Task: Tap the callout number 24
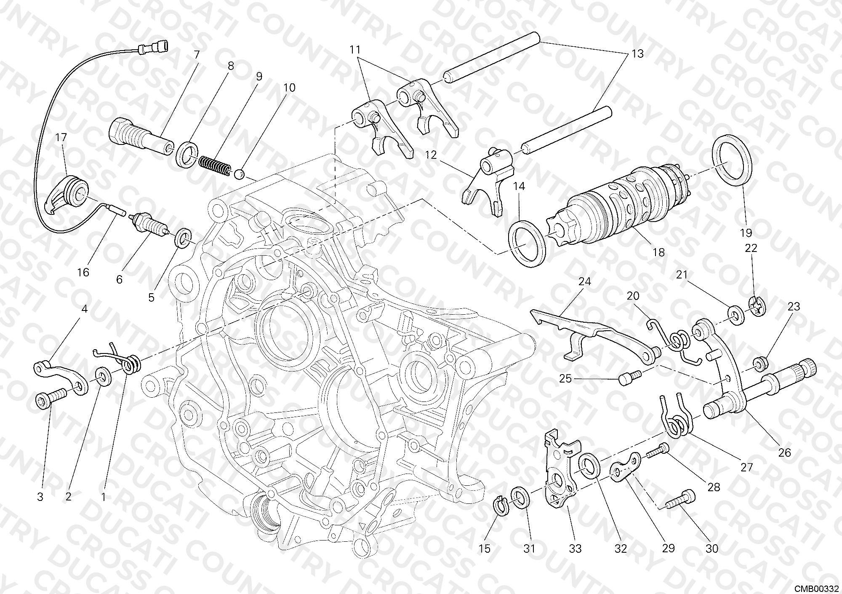584,281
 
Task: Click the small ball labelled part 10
240,174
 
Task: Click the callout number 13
637,54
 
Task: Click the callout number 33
575,549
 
